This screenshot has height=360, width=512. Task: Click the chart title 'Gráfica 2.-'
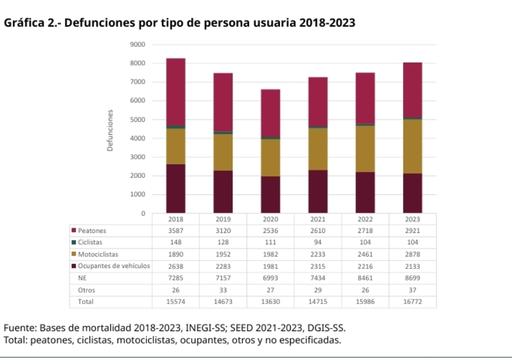click(x=32, y=23)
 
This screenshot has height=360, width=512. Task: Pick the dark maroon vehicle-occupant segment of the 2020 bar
click(x=270, y=194)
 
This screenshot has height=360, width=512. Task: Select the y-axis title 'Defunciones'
click(x=110, y=130)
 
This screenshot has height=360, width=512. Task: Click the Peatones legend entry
click(x=92, y=231)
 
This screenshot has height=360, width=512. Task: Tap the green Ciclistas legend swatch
click(x=74, y=242)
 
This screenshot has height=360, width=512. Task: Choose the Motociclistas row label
click(x=98, y=254)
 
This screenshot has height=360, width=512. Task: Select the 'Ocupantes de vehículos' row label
click(x=114, y=266)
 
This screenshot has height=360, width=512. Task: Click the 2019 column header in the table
click(x=223, y=220)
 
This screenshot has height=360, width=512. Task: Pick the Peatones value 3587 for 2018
click(x=175, y=231)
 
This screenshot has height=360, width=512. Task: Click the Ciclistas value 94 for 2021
click(x=318, y=242)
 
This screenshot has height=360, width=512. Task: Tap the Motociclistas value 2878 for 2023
click(x=412, y=254)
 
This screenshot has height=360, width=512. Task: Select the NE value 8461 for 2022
click(x=365, y=278)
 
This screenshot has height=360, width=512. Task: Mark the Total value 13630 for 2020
click(x=270, y=302)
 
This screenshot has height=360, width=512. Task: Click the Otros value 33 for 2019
click(x=223, y=290)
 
